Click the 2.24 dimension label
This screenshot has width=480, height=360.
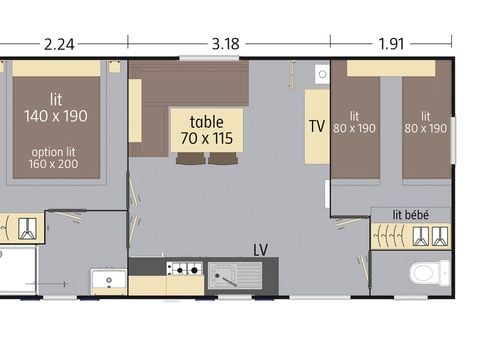pyautogui.click(x=59, y=44)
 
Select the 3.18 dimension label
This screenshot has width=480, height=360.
pyautogui.click(x=226, y=44)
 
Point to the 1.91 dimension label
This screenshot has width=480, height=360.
pyautogui.click(x=391, y=44)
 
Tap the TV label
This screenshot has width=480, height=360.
pyautogui.click(x=317, y=126)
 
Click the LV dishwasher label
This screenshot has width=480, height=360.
pyautogui.click(x=260, y=250)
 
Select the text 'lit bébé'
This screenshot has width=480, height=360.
pyautogui.click(x=411, y=215)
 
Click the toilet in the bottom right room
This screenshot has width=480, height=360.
pyautogui.click(x=430, y=273)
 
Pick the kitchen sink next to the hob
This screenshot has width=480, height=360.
pyautogui.click(x=235, y=275)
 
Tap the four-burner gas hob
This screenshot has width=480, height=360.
pyautogui.click(x=185, y=268)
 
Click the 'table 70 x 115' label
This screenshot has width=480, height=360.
pyautogui.click(x=207, y=130)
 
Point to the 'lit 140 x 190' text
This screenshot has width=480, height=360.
pyautogui.click(x=56, y=108)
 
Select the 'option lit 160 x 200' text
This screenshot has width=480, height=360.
pyautogui.click(x=53, y=158)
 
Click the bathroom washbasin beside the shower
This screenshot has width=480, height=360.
pyautogui.click(x=109, y=280)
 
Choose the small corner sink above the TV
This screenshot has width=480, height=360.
pyautogui.click(x=322, y=74)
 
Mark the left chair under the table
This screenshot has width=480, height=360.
pyautogui.click(x=191, y=158)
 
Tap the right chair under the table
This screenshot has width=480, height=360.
pyautogui.click(x=223, y=158)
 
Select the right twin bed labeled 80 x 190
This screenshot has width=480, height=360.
pyautogui.click(x=427, y=127)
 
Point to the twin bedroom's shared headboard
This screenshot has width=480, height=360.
pyautogui.click(x=391, y=68)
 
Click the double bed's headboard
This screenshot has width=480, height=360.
pyautogui.click(x=56, y=69)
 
